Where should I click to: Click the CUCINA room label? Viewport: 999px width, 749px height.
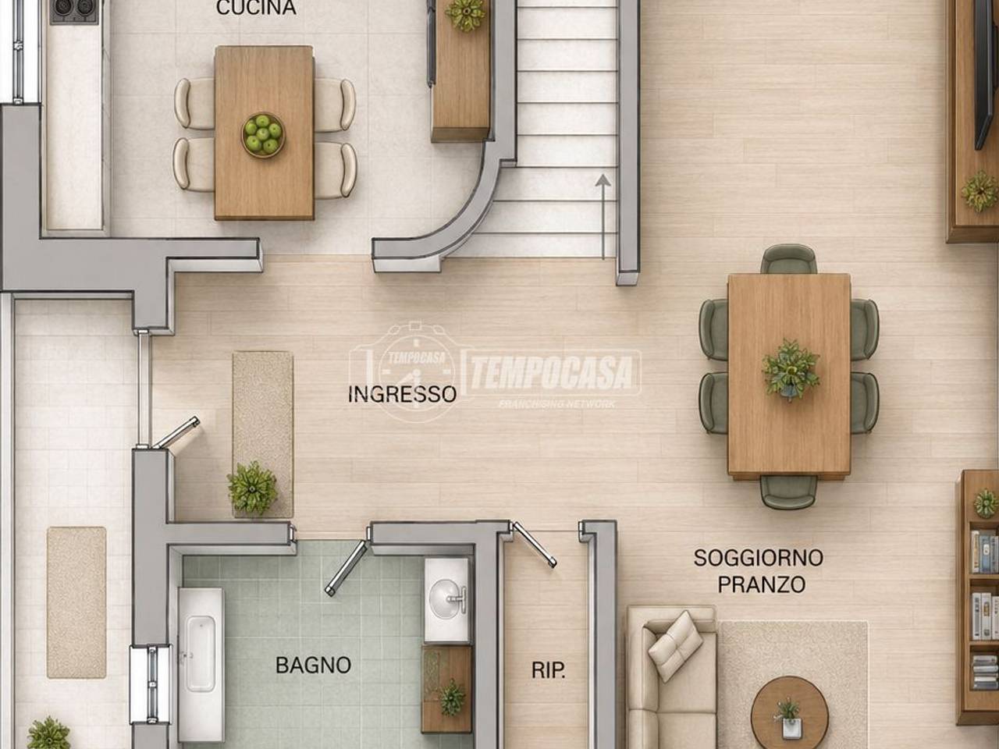click(x=256, y=7)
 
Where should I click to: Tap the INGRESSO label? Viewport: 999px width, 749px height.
click(x=402, y=394)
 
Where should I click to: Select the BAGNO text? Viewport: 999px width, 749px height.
click(x=313, y=666)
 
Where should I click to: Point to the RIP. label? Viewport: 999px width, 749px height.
click(x=549, y=671)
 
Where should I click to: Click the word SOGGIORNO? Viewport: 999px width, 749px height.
click(x=759, y=558)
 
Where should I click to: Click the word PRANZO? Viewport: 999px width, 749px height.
click(x=762, y=585)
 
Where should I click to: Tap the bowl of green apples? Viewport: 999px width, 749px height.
click(x=262, y=135)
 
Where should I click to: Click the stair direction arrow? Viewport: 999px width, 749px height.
click(x=603, y=217)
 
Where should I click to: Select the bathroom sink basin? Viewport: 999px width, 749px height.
click(x=446, y=598)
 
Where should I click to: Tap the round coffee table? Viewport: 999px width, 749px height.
click(x=789, y=715)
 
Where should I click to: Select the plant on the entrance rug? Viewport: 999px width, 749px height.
click(x=252, y=488)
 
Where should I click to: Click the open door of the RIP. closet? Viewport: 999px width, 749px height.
click(x=534, y=545)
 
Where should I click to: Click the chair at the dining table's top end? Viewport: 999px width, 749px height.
click(x=788, y=260)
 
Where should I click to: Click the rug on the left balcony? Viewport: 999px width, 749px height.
click(x=76, y=602)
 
